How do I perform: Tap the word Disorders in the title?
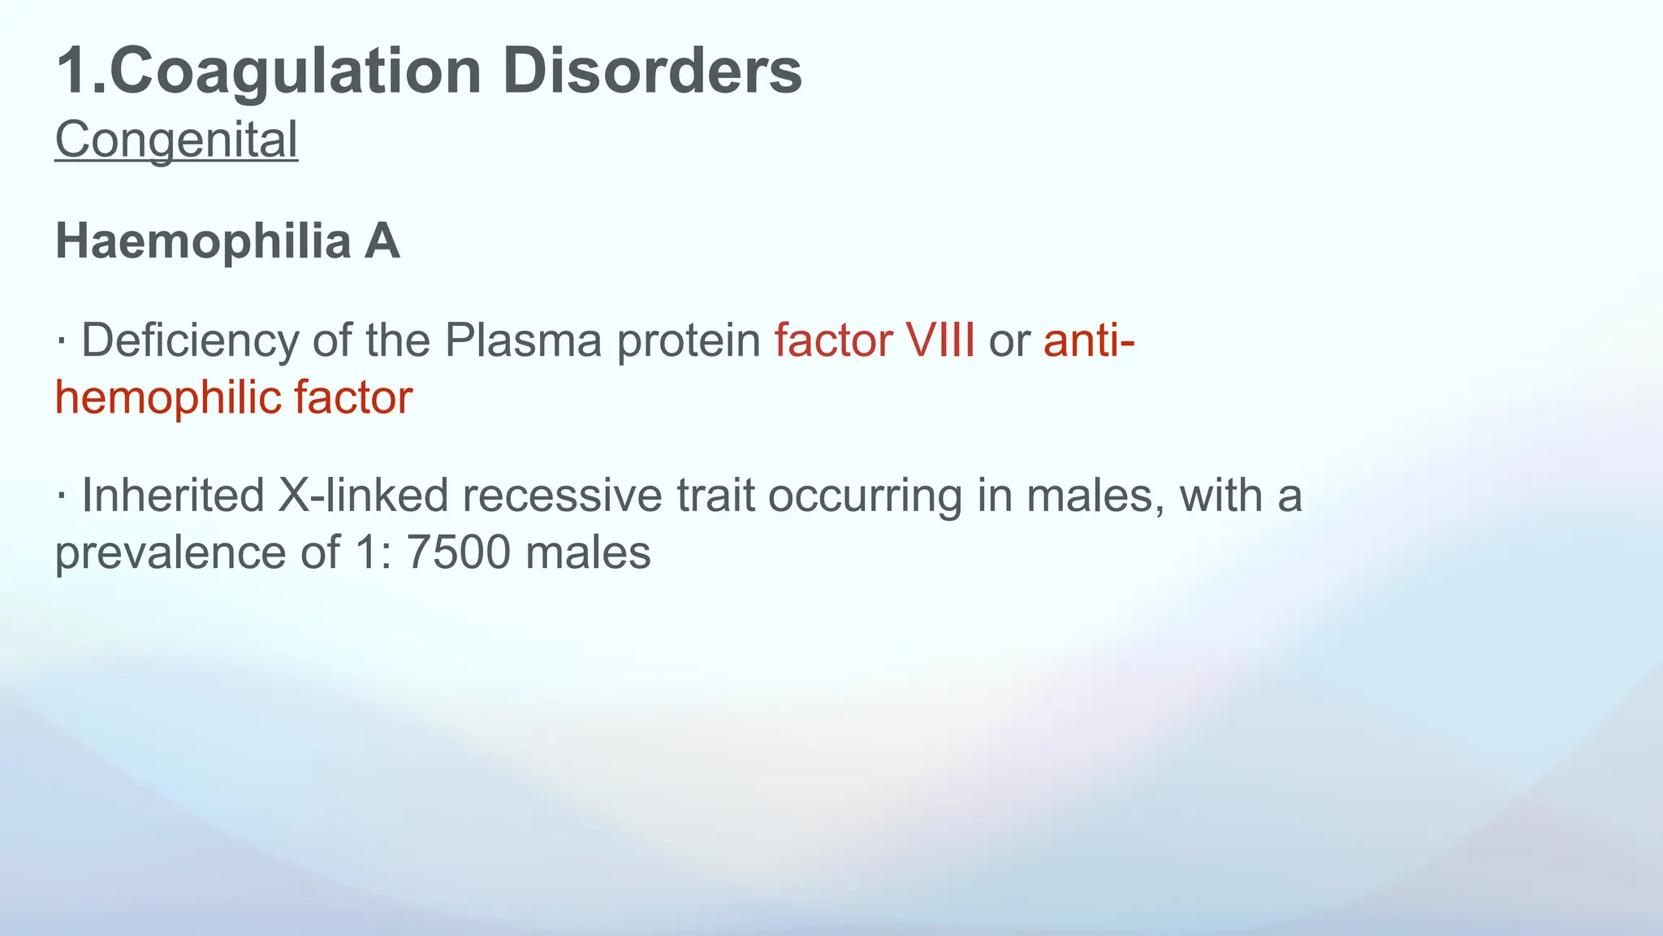(652, 71)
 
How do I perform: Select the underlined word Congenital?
(176, 140)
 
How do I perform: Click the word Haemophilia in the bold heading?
(202, 242)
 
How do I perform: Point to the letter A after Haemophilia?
(382, 242)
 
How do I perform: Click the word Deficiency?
(190, 340)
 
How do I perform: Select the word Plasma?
(523, 340)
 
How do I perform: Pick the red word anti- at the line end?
(1089, 340)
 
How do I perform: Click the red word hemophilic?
(167, 398)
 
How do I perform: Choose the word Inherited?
(173, 496)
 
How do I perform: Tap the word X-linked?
(363, 496)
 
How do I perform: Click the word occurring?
(865, 496)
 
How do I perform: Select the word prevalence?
(171, 553)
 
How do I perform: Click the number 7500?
(458, 553)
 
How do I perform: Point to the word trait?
(715, 496)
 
